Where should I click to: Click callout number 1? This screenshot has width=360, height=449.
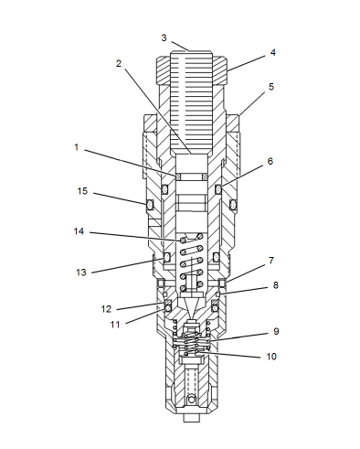coord(77,147)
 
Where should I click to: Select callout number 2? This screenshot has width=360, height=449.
coord(119,63)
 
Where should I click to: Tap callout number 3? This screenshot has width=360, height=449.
coord(164,37)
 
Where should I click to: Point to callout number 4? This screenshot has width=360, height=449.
coord(273,52)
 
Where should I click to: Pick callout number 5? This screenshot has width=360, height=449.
coord(271,87)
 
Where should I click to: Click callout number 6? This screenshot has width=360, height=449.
coord(270,161)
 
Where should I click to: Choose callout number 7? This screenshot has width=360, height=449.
coord(271,261)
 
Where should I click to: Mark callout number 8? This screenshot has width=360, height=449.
coord(275,285)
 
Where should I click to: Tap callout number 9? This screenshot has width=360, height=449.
coord(276,331)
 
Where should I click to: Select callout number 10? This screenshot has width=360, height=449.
coord(271,357)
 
